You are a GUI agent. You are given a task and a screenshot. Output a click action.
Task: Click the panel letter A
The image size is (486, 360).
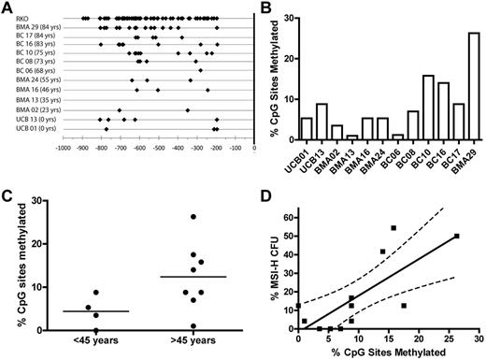pyautogui.click(x=7, y=7)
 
